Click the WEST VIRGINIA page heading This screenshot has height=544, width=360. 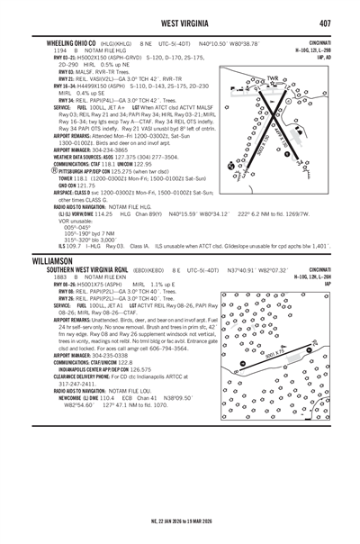click(180, 22)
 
